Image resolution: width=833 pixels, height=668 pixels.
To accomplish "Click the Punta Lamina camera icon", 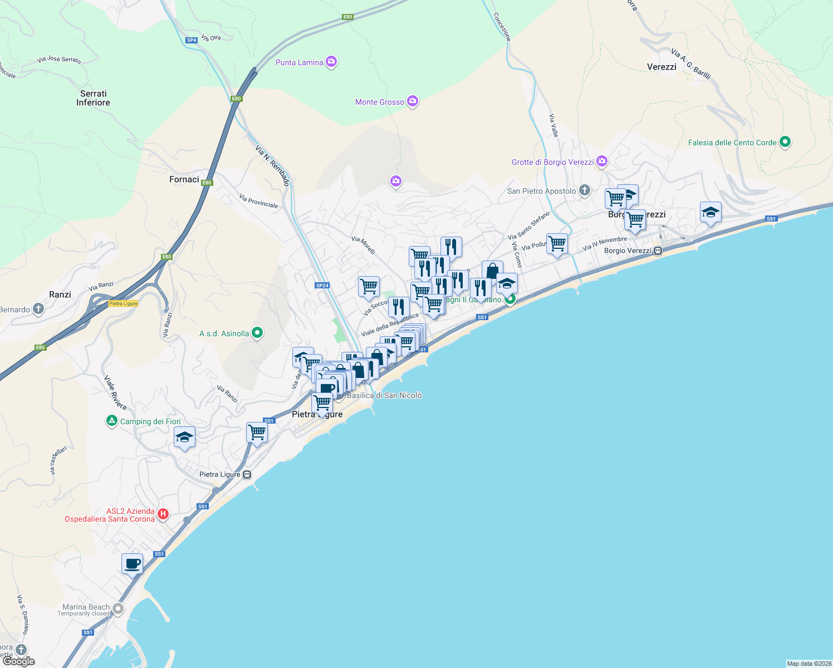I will tap(331, 62).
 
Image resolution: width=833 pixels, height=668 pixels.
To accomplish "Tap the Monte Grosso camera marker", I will tap(413, 101).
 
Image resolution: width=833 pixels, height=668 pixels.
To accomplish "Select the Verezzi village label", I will tap(661, 67).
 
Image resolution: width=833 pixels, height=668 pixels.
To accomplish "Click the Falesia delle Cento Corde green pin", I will tap(785, 142).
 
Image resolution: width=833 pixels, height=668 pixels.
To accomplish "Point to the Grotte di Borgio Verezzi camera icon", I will tap(601, 161).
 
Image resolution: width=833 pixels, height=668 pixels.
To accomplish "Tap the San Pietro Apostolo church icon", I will tap(584, 190).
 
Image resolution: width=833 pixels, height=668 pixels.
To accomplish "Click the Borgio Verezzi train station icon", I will tap(658, 250).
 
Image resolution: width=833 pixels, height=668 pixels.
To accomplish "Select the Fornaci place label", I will tap(184, 179).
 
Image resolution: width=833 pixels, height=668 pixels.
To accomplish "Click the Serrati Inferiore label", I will tap(93, 98).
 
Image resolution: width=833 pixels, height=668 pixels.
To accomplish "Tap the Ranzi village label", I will tap(60, 294).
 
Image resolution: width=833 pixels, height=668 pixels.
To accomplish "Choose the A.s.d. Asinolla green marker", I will tap(257, 333).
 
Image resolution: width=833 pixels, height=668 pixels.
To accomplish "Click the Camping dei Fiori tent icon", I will tap(112, 421).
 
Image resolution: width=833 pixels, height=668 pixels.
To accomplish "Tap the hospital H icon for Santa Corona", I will tap(163, 514).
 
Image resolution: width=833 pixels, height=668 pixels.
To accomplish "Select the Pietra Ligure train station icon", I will tap(247, 474).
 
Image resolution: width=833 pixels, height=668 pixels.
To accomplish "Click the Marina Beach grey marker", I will tap(118, 608).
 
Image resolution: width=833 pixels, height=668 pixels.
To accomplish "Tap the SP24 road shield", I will tap(322, 286).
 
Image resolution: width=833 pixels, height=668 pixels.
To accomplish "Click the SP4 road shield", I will tap(192, 40).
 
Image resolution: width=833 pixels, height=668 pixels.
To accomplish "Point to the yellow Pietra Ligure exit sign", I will tap(123, 303).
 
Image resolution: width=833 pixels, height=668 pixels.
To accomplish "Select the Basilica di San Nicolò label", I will tap(384, 395).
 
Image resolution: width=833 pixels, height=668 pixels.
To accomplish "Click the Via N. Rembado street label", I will tap(272, 165).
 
